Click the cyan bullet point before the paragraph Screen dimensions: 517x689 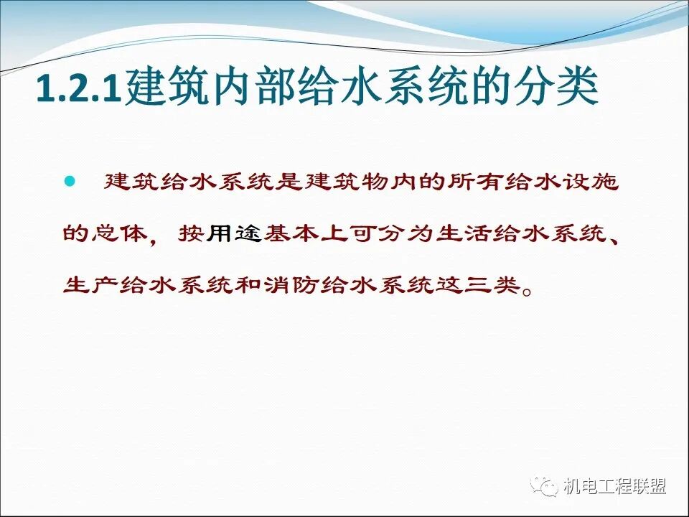(x=70, y=182)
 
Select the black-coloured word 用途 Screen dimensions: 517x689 (x=234, y=233)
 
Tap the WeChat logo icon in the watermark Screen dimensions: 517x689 (x=545, y=486)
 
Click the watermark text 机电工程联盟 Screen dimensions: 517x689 (x=614, y=486)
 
